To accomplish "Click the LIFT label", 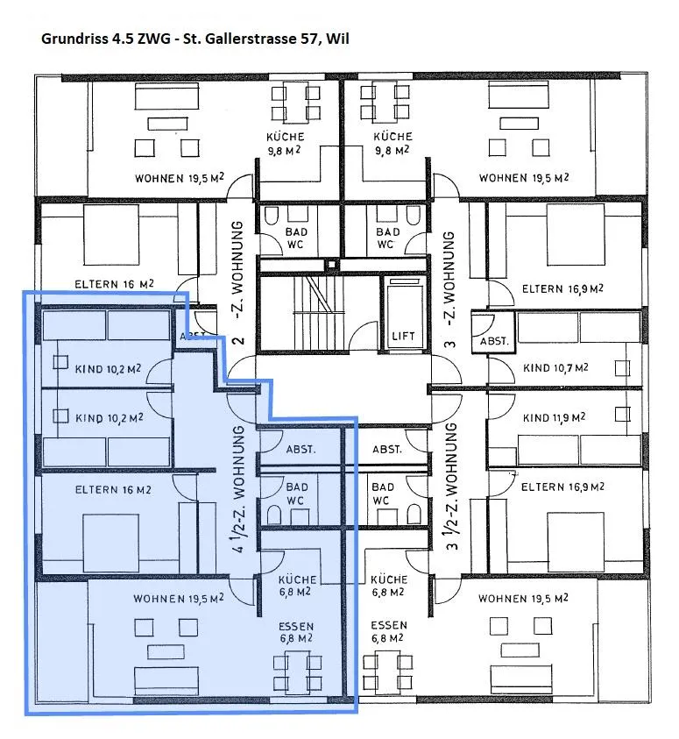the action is (x=403, y=336).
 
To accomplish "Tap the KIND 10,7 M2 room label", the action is (x=555, y=367).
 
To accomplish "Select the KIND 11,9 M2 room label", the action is (x=555, y=417).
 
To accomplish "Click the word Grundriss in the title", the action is (x=74, y=39).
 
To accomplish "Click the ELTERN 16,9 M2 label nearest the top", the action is (x=562, y=288).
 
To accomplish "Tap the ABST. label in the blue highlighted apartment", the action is (x=301, y=449).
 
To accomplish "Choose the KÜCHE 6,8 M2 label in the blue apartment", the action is (x=297, y=586).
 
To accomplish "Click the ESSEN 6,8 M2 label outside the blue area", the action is (x=388, y=631).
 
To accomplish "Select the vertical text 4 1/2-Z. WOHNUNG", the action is (x=239, y=489).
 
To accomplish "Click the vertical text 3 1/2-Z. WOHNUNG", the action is (x=451, y=487).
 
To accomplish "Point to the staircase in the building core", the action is (x=320, y=314).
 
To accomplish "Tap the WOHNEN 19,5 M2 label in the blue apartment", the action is (x=179, y=599).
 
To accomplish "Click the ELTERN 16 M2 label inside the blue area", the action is (x=113, y=490).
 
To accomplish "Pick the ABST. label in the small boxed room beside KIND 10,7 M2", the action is (x=494, y=341).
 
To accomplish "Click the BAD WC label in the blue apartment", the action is (x=297, y=493).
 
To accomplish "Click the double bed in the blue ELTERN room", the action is (x=111, y=543).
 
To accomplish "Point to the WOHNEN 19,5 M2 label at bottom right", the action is (x=523, y=598).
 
